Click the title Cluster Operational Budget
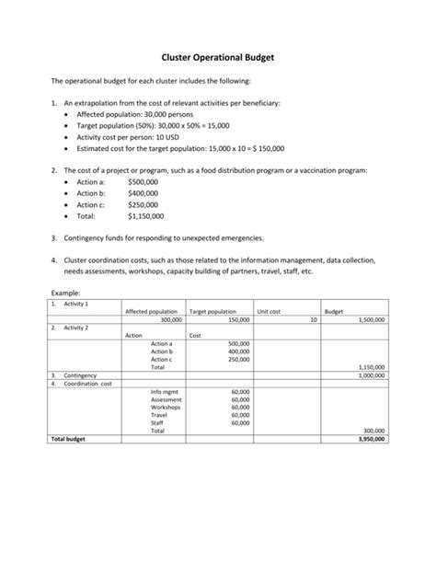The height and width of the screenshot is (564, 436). [x=218, y=57]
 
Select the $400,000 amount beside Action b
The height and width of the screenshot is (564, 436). [x=143, y=193]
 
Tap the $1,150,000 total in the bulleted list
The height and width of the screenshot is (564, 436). [x=146, y=216]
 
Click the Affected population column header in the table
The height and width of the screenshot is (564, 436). [x=150, y=312]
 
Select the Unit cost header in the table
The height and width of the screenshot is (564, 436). [x=269, y=312]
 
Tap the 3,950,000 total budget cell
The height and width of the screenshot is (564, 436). [x=371, y=439]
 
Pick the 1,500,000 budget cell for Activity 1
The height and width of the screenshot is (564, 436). [x=371, y=319]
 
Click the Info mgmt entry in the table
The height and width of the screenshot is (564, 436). [x=165, y=391]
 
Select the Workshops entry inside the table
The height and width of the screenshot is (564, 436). [x=166, y=407]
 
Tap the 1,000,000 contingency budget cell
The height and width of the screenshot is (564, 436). [x=371, y=375]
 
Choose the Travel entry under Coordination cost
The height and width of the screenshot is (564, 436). [x=160, y=415]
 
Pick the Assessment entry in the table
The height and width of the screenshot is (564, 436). [x=166, y=399]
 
